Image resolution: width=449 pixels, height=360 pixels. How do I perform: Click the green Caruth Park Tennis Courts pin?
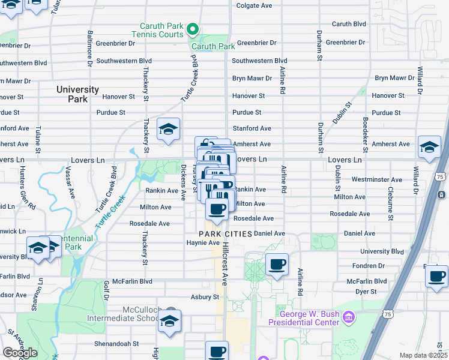[192, 28]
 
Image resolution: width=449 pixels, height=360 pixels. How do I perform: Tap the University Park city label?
[77, 94]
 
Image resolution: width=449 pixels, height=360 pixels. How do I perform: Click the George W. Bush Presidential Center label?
[308, 318]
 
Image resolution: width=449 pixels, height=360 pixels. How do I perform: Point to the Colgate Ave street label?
[255, 5]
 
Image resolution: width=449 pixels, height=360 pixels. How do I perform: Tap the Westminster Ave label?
[377, 179]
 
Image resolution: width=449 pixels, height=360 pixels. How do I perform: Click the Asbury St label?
[204, 297]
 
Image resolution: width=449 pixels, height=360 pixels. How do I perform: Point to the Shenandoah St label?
[116, 344]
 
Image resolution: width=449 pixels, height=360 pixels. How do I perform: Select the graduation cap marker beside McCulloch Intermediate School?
[170, 320]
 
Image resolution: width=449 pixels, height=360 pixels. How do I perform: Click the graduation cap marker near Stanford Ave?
[169, 128]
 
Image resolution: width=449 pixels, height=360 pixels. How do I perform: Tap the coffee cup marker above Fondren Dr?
[277, 264]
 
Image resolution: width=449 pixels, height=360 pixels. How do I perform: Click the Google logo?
[20, 353]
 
